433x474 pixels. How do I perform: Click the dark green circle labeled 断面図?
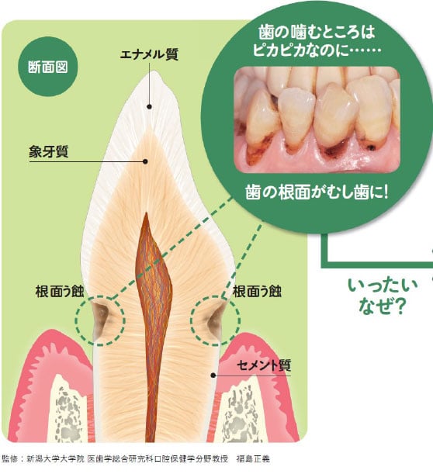(x=48, y=67)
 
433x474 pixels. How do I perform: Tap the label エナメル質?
(x=149, y=55)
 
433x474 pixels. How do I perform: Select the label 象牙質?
(x=49, y=151)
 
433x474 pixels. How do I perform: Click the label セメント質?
(x=264, y=365)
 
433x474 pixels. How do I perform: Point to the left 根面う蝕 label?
(x=60, y=292)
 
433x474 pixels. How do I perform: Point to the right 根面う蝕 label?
(x=257, y=292)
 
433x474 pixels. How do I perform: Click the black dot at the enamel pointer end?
(x=149, y=106)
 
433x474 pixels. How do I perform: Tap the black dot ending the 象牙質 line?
(x=145, y=161)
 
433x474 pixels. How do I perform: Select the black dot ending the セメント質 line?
(x=213, y=375)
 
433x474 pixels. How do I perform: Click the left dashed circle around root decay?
(x=75, y=320)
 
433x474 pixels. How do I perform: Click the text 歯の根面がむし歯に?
(x=317, y=192)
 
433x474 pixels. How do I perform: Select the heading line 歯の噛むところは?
(x=317, y=33)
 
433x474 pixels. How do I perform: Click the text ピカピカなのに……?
(x=317, y=50)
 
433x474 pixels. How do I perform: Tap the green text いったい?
(x=383, y=285)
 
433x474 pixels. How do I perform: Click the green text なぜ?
(x=382, y=306)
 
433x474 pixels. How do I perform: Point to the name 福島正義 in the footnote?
(x=253, y=458)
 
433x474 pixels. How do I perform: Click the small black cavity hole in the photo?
(x=371, y=148)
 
